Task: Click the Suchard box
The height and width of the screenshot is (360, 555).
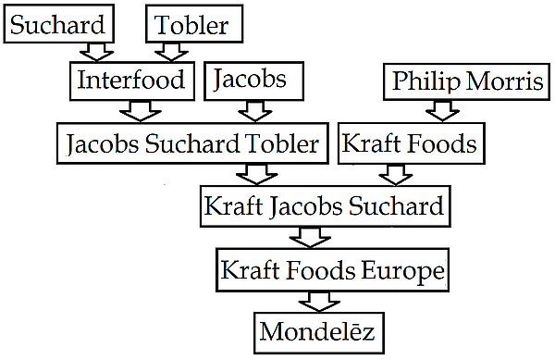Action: pos(59,24)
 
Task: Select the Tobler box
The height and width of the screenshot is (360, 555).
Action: pos(194,24)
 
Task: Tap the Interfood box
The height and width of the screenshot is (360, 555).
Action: pos(132,81)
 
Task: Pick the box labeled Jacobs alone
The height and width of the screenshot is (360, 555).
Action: pos(253,81)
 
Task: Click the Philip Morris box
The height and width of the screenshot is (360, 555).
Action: pos(466,81)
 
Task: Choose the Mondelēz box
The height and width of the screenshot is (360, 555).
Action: pos(319,333)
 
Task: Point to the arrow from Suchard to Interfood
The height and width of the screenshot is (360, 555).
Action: pos(96,53)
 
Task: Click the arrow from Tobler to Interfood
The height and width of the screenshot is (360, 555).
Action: pos(171,53)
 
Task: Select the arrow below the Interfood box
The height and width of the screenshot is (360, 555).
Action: pos(141,111)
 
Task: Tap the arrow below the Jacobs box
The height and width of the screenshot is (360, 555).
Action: pos(255,111)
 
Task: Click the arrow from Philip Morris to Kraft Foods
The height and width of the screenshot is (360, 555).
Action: pos(442,111)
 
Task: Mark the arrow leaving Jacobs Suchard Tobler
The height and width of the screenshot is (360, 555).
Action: pos(256,175)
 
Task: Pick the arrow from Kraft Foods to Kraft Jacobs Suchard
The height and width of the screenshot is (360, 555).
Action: pos(396,175)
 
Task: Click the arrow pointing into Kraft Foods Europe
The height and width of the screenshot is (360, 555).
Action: pos(310,237)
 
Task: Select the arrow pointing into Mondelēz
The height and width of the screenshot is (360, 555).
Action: pos(319,302)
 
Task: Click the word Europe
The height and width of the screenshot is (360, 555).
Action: pos(402,271)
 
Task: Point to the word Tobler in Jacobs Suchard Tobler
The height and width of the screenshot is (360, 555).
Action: pos(282,144)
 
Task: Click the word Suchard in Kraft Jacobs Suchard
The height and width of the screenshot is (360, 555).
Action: pos(396,205)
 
